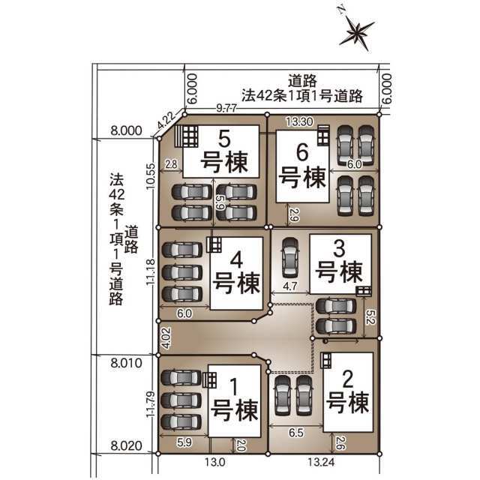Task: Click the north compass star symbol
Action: (x=357, y=32)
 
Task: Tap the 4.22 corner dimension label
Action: (x=166, y=120)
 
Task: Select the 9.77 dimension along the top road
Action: (x=226, y=108)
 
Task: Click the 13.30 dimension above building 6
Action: (x=299, y=121)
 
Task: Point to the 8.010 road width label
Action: (x=127, y=363)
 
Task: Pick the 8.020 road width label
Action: (x=127, y=445)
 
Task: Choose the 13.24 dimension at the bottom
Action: (x=320, y=462)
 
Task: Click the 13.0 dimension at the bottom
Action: (x=215, y=462)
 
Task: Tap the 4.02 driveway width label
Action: (x=166, y=338)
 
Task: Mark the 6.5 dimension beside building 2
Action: (x=296, y=433)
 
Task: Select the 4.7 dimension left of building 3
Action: (x=289, y=286)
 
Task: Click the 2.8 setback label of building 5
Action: (x=171, y=164)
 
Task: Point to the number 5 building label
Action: (x=224, y=139)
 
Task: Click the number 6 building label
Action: (x=302, y=152)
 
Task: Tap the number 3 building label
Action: (x=339, y=248)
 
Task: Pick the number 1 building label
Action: (x=233, y=387)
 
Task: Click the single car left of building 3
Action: (x=289, y=257)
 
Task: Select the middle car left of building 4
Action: (x=182, y=272)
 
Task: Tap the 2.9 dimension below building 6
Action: (x=293, y=215)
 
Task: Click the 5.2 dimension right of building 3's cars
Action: (x=370, y=317)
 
